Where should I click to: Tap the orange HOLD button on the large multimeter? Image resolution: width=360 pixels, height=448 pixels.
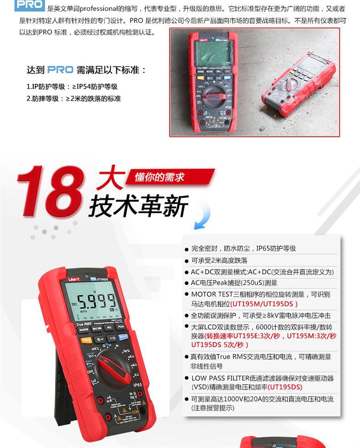(86, 340)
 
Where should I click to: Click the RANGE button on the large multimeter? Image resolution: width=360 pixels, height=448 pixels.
(83, 329)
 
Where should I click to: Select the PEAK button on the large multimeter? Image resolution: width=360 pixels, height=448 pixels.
(121, 326)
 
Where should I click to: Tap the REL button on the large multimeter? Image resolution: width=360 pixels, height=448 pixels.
(109, 327)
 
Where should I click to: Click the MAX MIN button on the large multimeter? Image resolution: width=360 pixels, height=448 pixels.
(97, 328)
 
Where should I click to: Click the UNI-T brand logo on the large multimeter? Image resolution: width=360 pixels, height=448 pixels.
(74, 279)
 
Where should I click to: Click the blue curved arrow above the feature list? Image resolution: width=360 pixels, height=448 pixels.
(203, 217)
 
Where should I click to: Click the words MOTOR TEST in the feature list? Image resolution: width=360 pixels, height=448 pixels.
(212, 294)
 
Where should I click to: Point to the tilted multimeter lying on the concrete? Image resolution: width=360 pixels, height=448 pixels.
(298, 84)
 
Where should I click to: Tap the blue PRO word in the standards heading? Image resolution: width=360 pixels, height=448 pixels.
(60, 70)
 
